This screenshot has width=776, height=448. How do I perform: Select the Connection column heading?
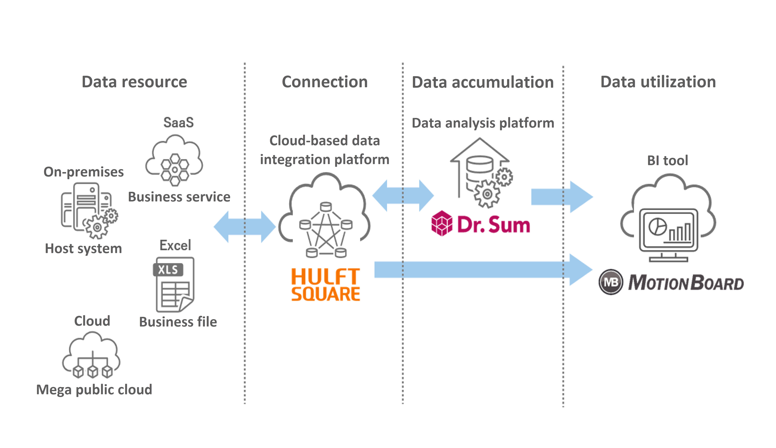(x=325, y=82)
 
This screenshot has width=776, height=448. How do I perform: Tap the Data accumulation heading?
(x=483, y=82)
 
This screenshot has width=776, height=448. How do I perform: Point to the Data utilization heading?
(x=658, y=82)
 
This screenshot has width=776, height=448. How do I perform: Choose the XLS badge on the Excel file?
(x=168, y=270)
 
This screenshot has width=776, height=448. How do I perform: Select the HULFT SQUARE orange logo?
(x=325, y=285)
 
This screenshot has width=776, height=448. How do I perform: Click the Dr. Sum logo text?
(x=493, y=224)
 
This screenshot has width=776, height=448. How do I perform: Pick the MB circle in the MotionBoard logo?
(x=610, y=282)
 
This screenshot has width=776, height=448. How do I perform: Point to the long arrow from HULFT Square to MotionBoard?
(x=483, y=270)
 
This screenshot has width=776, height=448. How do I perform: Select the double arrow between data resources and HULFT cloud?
(x=245, y=227)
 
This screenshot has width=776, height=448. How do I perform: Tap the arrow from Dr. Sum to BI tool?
(x=561, y=197)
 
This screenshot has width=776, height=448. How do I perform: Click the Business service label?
(x=179, y=197)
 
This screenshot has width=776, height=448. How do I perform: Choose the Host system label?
(x=83, y=248)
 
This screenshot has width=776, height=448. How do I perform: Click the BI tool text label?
(x=667, y=160)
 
